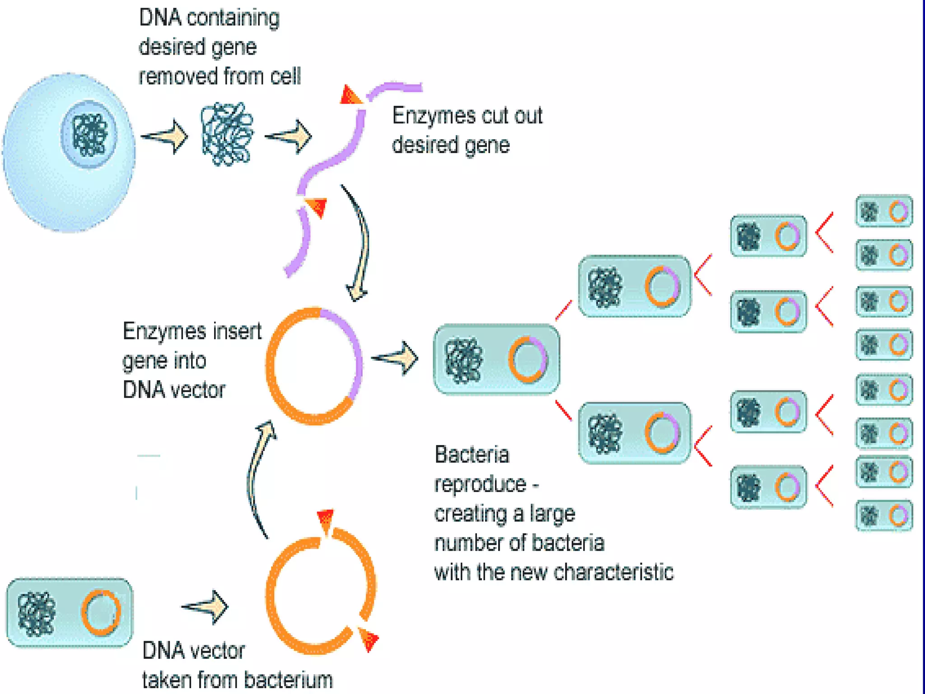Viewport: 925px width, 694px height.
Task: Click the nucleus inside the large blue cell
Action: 89,135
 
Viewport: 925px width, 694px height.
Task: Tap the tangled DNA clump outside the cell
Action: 227,134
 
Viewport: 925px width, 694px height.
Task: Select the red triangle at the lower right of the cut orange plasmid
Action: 369,638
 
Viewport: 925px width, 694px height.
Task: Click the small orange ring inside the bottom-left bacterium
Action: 101,612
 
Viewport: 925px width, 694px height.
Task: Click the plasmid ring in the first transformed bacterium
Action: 528,360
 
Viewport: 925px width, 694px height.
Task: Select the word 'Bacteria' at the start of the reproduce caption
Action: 472,455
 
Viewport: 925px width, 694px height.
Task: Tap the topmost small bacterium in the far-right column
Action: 884,211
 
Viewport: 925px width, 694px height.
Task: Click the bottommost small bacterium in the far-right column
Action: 884,516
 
